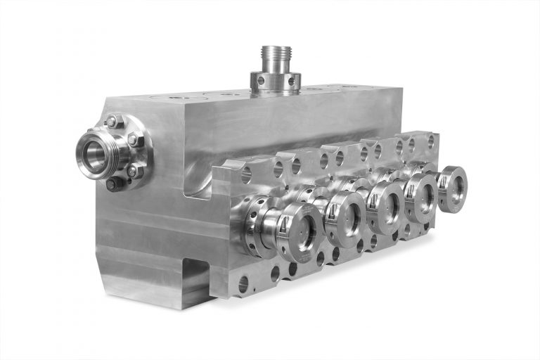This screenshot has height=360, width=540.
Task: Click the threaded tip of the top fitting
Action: (276, 53)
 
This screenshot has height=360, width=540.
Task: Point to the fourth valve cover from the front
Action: (423, 196)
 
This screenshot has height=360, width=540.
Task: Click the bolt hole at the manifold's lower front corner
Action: (243, 284)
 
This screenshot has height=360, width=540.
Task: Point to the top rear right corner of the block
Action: (401, 87)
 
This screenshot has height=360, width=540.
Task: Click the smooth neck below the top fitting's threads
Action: (276, 67)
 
